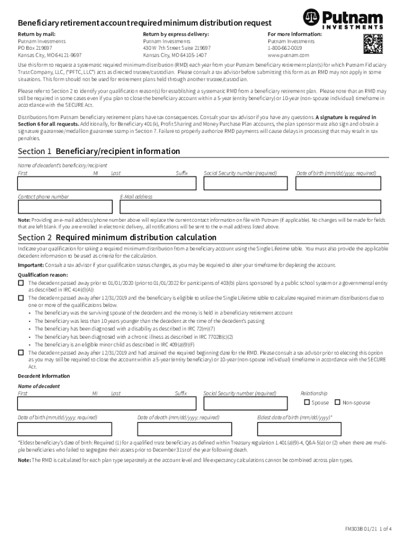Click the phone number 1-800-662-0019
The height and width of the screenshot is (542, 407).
pyautogui.click(x=285, y=48)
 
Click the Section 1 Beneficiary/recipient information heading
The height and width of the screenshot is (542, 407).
pyautogui.click(x=99, y=151)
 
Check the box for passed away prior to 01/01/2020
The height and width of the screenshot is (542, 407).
pyautogui.click(x=21, y=283)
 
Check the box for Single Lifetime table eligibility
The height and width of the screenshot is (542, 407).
pyautogui.click(x=21, y=298)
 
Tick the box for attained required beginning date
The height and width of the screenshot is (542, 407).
pyautogui.click(x=21, y=352)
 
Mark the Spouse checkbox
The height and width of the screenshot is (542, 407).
pyautogui.click(x=308, y=402)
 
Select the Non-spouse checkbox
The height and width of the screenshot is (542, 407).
pyautogui.click(x=338, y=402)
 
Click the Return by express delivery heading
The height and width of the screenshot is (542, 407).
pyautogui.click(x=175, y=34)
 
